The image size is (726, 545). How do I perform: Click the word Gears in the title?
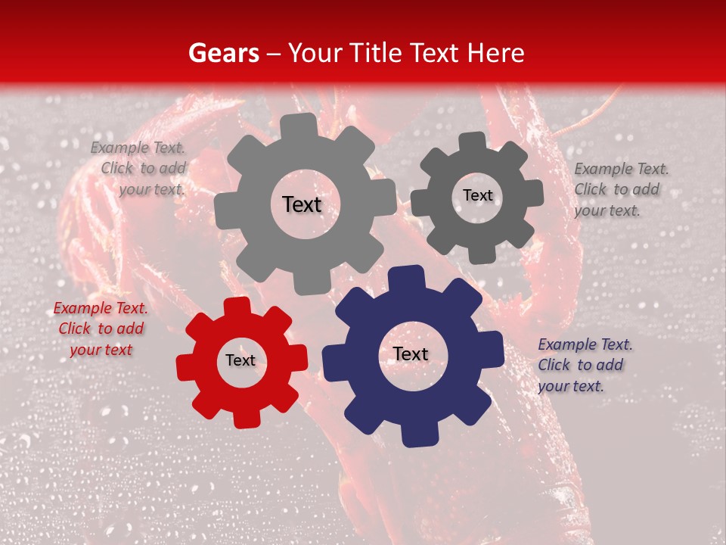click(223, 53)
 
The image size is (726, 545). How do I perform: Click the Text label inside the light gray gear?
click(302, 204)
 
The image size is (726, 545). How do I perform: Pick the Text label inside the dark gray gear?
click(477, 195)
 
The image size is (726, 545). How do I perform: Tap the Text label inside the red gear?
click(240, 360)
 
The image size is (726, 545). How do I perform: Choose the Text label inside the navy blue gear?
click(411, 353)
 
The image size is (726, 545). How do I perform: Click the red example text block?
click(101, 329)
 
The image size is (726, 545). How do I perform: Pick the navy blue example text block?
click(585, 365)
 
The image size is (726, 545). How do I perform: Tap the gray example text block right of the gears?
click(620, 189)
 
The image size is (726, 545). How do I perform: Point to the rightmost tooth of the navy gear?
click(492, 353)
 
